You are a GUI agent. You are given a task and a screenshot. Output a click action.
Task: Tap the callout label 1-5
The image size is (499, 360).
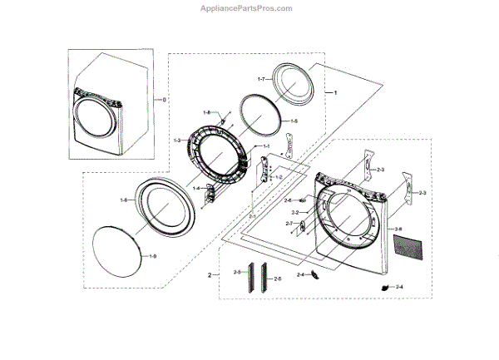[293, 121]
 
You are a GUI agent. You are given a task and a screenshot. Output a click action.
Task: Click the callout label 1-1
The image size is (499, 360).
[267, 146]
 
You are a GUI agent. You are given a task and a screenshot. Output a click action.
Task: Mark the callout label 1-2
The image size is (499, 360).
[279, 177]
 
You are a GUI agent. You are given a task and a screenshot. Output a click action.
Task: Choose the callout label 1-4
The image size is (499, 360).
[197, 189]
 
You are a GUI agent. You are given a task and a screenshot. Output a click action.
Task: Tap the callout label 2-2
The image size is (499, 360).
[294, 213]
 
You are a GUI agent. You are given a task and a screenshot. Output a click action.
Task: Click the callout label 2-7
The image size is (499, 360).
[289, 224]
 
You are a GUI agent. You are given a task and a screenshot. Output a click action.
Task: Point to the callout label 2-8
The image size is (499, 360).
[398, 229]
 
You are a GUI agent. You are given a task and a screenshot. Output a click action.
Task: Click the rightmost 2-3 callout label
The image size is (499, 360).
[422, 193]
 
